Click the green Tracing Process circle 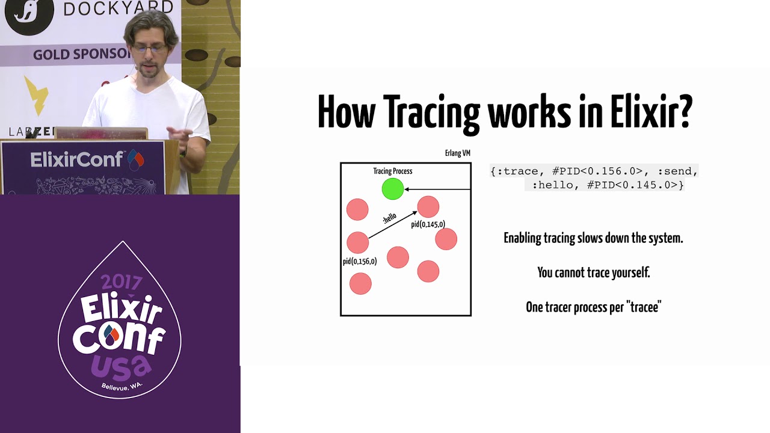393,189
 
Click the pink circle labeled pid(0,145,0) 428,207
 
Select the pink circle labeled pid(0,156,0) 357,242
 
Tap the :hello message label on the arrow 390,218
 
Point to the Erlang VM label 458,153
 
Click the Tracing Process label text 393,171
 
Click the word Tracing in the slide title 431,112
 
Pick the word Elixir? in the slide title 651,111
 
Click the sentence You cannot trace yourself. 594,272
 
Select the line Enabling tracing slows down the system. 593,238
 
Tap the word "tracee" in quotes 644,307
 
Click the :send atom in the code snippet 677,171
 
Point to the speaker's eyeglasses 149,48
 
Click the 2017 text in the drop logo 122,283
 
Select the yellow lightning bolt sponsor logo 36,96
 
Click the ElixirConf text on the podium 76,159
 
